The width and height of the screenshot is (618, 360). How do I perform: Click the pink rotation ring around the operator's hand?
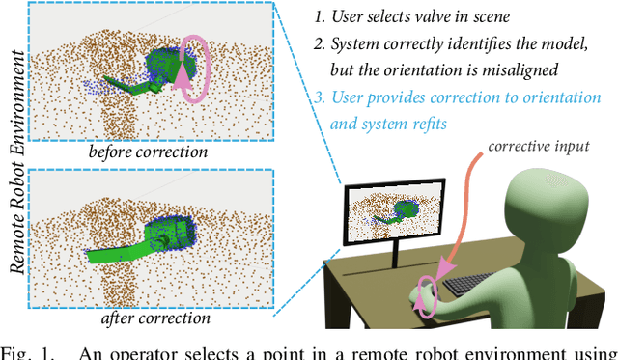(x=427, y=291)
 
